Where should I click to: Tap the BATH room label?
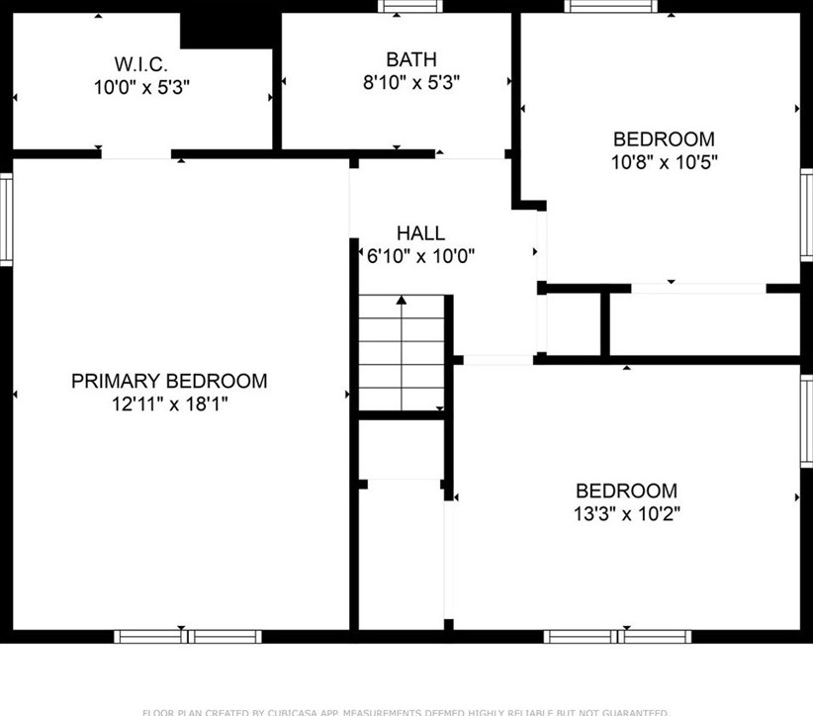coord(410,60)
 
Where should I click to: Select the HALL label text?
coord(420,233)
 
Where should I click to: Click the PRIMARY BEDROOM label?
coord(169,381)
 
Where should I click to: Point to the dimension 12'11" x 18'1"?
coord(169,403)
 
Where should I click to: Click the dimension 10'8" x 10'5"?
coord(664,162)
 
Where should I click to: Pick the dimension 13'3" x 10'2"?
coord(627,513)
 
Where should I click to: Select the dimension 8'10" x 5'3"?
coord(410,83)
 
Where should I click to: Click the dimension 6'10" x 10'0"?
coord(420,256)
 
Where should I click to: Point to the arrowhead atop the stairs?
coord(402,299)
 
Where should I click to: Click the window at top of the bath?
coord(398,6)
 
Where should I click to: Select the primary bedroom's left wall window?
coord(5,219)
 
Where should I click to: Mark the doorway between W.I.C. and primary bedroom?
coord(136,154)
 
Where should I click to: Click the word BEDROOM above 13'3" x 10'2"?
coord(627,491)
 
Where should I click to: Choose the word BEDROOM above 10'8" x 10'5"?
coord(664,139)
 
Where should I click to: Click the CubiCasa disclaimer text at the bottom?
coord(406,711)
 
